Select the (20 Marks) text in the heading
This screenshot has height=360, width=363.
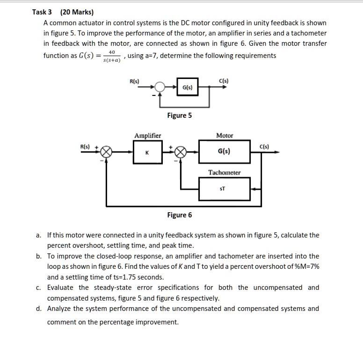pyautogui.click(x=77, y=12)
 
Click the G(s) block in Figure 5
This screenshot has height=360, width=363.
pyautogui.click(x=187, y=87)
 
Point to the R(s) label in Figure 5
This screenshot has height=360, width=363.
pyautogui.click(x=134, y=82)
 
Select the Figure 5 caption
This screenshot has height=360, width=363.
pyautogui.click(x=179, y=115)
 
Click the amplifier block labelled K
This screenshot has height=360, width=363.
pyautogui.click(x=148, y=152)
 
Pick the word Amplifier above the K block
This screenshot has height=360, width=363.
pyautogui.click(x=148, y=136)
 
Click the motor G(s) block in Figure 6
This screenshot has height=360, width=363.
pyautogui.click(x=224, y=152)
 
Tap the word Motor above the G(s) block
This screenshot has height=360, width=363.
pyautogui.click(x=225, y=136)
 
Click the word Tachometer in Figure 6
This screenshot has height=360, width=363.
pyautogui.click(x=225, y=173)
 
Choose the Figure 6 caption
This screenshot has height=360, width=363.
pyautogui.click(x=179, y=215)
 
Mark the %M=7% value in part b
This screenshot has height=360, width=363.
pyautogui.click(x=306, y=266)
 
